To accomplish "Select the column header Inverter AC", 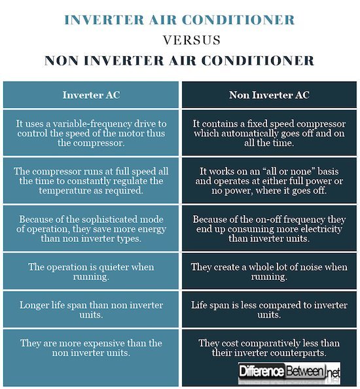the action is coord(91,95).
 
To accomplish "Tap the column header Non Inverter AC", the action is coord(269,95).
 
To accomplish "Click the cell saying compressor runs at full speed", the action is coord(91,181).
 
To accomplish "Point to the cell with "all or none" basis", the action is coord(269,181).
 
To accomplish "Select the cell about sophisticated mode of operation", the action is coord(91,228).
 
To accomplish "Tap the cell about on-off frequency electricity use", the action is coord(269,228).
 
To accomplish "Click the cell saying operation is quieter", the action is coord(91,271).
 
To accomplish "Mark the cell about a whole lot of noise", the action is coord(269,271).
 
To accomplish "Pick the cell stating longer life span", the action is coord(91,309).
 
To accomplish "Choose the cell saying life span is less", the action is coord(269,309).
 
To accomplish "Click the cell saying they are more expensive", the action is coord(91,348).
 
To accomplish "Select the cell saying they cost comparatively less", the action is coord(269,348).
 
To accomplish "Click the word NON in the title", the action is coord(64,61).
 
